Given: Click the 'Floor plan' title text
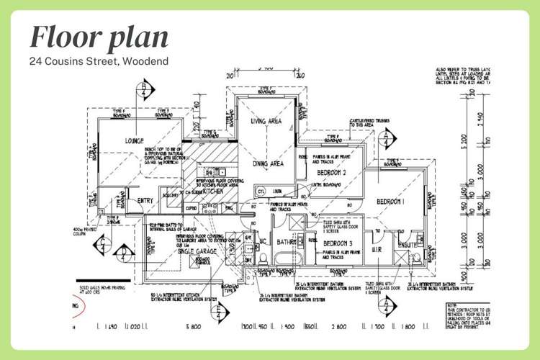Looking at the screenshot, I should (x=99, y=37).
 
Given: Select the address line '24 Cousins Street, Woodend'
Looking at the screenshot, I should (x=99, y=61).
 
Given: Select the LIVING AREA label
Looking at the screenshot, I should (x=267, y=122).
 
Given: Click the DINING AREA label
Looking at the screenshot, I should (x=267, y=164).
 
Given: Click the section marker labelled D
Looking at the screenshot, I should (x=220, y=310).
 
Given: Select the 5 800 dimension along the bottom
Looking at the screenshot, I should (x=193, y=327).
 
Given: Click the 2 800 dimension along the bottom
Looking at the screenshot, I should (x=338, y=327).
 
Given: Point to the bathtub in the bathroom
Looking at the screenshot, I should (x=288, y=261).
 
